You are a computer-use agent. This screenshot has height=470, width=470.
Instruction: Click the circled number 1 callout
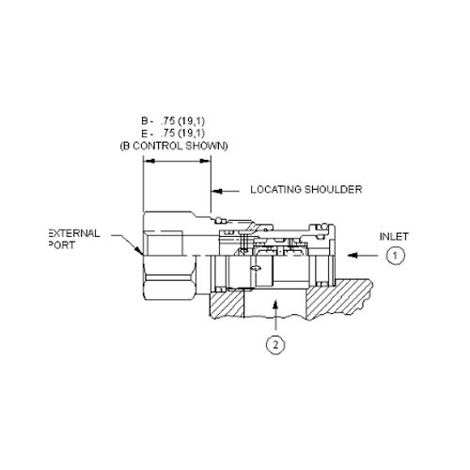click(x=395, y=256)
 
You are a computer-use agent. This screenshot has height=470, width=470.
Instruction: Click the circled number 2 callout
click(x=275, y=345)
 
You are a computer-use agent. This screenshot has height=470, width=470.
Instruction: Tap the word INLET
click(x=394, y=237)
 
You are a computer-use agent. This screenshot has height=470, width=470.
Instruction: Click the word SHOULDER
click(x=334, y=189)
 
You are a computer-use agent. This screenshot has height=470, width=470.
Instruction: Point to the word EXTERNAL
click(x=74, y=233)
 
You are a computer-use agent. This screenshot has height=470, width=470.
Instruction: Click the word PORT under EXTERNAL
click(x=62, y=245)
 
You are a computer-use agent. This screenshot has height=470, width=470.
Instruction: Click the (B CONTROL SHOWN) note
click(x=174, y=146)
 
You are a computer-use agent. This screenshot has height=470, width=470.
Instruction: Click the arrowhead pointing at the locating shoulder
click(x=217, y=191)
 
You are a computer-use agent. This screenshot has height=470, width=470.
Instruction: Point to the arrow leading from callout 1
click(x=363, y=256)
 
